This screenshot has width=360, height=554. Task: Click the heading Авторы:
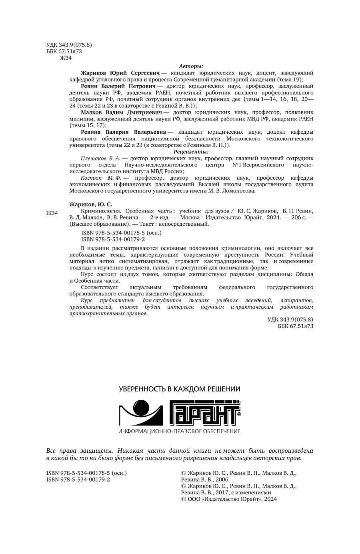click(x=191, y=66)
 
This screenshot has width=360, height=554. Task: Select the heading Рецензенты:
click(x=191, y=152)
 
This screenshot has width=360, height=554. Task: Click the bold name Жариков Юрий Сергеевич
click(x=120, y=73)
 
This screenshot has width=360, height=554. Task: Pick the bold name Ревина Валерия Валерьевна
click(x=123, y=132)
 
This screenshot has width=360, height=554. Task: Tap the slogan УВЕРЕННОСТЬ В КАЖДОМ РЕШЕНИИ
click(x=180, y=389)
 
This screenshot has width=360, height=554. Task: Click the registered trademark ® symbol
click(x=239, y=415)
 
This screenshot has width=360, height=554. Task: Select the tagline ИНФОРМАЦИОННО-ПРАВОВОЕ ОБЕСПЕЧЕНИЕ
click(x=180, y=431)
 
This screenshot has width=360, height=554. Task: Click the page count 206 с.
click(x=296, y=217)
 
